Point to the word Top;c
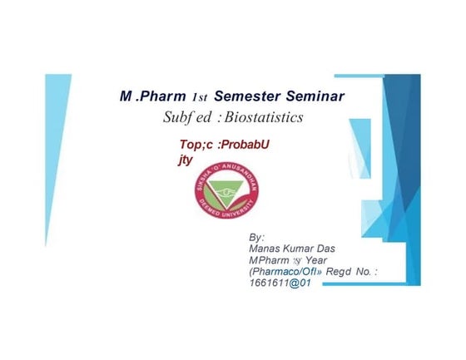tap(187, 143)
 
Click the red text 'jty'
tap(185, 156)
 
